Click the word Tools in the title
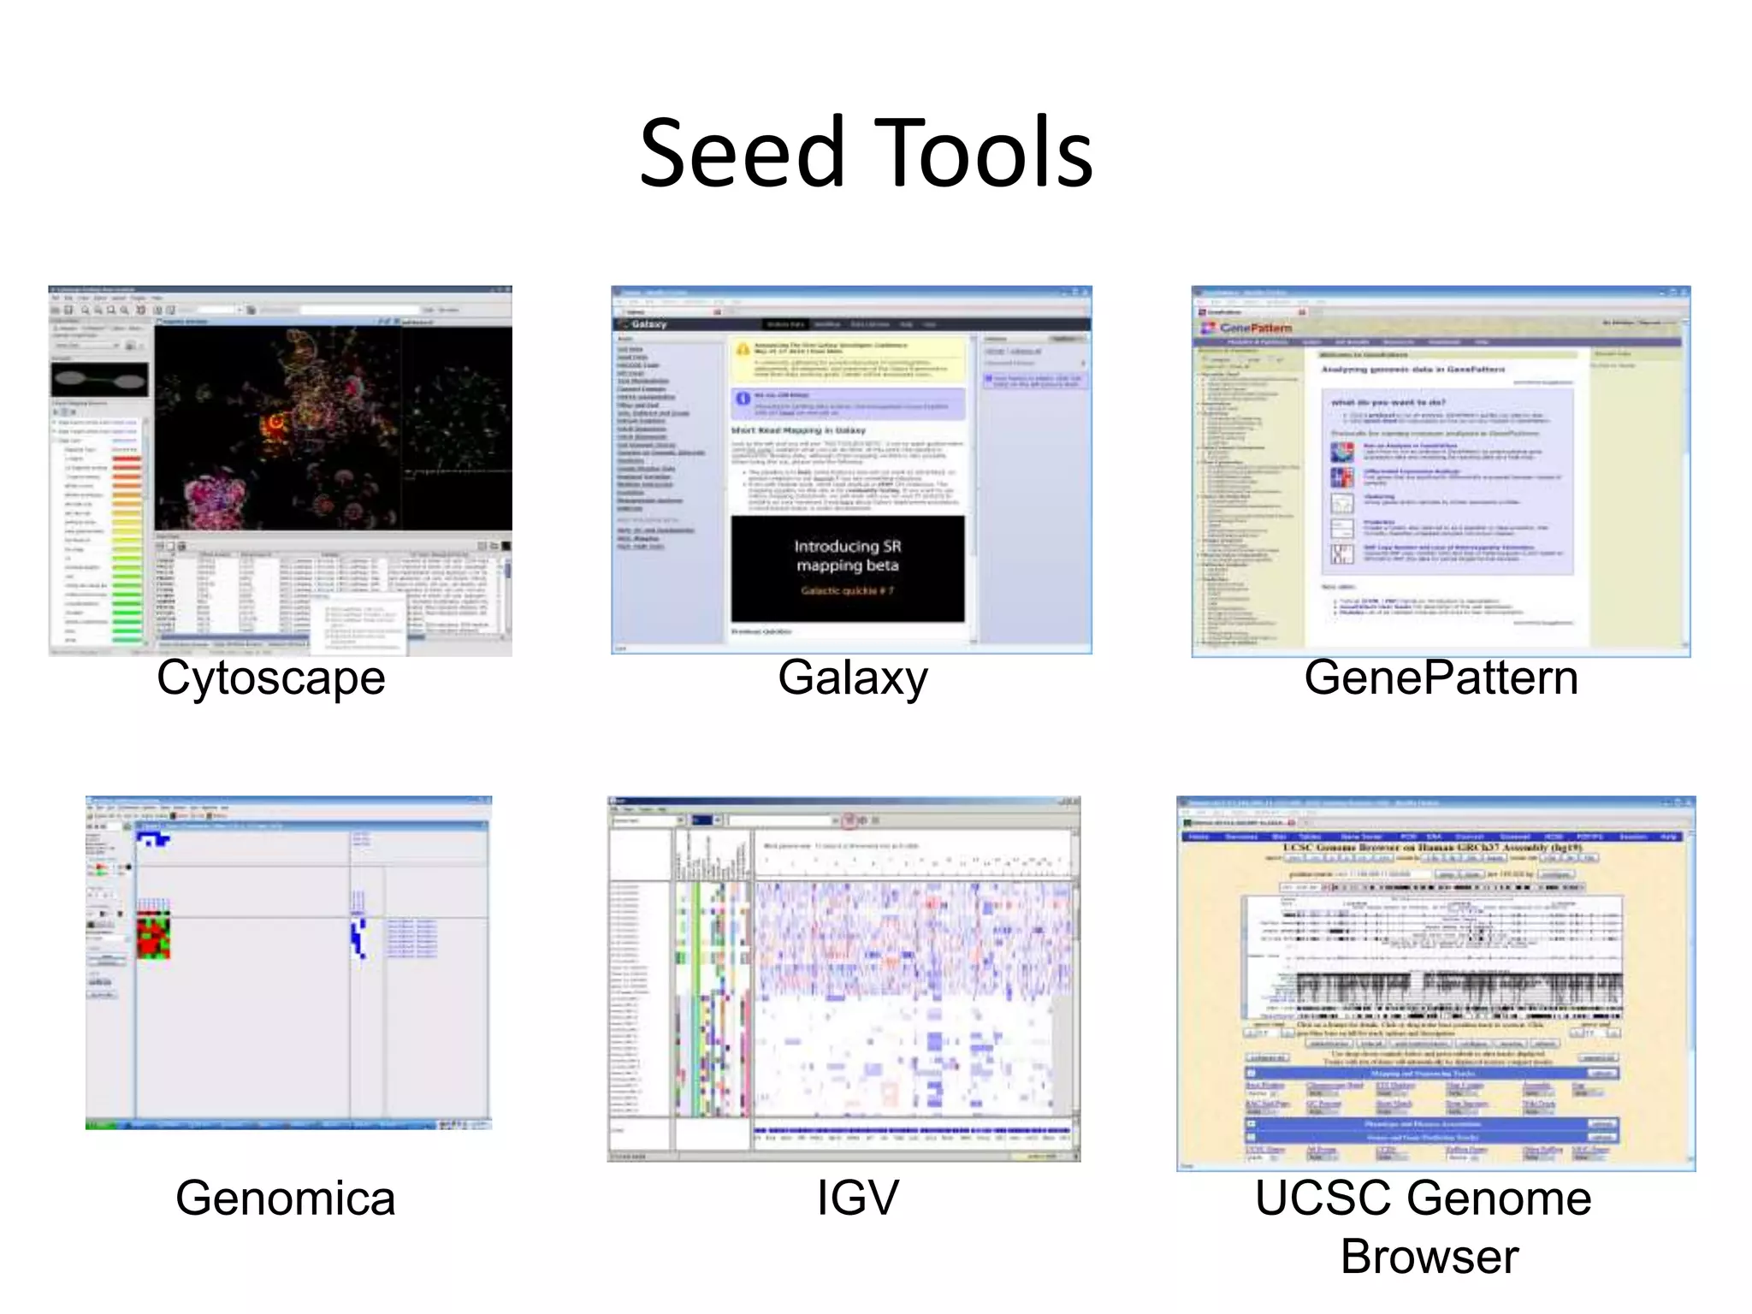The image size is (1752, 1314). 984,154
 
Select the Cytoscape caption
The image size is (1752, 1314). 270,678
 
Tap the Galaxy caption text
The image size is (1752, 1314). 852,678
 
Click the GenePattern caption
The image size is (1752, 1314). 1441,678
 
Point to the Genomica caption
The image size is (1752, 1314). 285,1198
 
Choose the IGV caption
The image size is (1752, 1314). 857,1198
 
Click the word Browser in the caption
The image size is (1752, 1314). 1429,1257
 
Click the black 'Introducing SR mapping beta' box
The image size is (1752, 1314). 847,567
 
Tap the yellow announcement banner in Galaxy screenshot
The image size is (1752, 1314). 847,359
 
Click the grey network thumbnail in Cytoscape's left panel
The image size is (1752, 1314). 99,379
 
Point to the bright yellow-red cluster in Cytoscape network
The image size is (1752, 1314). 275,421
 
